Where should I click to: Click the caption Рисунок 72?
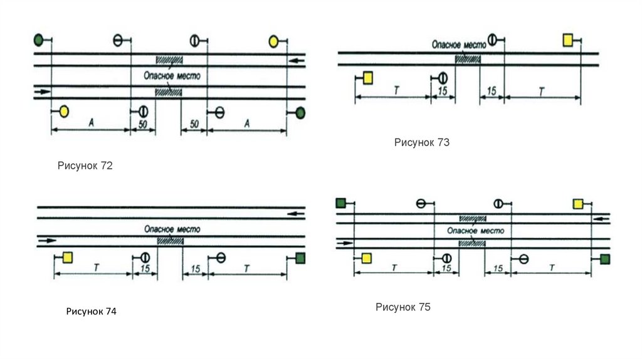(85, 166)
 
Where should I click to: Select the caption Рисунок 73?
(422, 142)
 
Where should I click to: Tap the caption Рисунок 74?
(92, 311)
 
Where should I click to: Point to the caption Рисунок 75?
(403, 307)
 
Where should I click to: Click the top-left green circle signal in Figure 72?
(38, 41)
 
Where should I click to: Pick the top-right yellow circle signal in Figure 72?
(273, 41)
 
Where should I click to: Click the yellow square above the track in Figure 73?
(568, 40)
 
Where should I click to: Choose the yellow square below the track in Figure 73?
(368, 78)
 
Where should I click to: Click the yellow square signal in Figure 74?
(67, 257)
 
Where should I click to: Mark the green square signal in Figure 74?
(300, 258)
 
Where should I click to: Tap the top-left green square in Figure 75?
(341, 203)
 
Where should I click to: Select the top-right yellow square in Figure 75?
(578, 203)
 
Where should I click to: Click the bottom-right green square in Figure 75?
(604, 259)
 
